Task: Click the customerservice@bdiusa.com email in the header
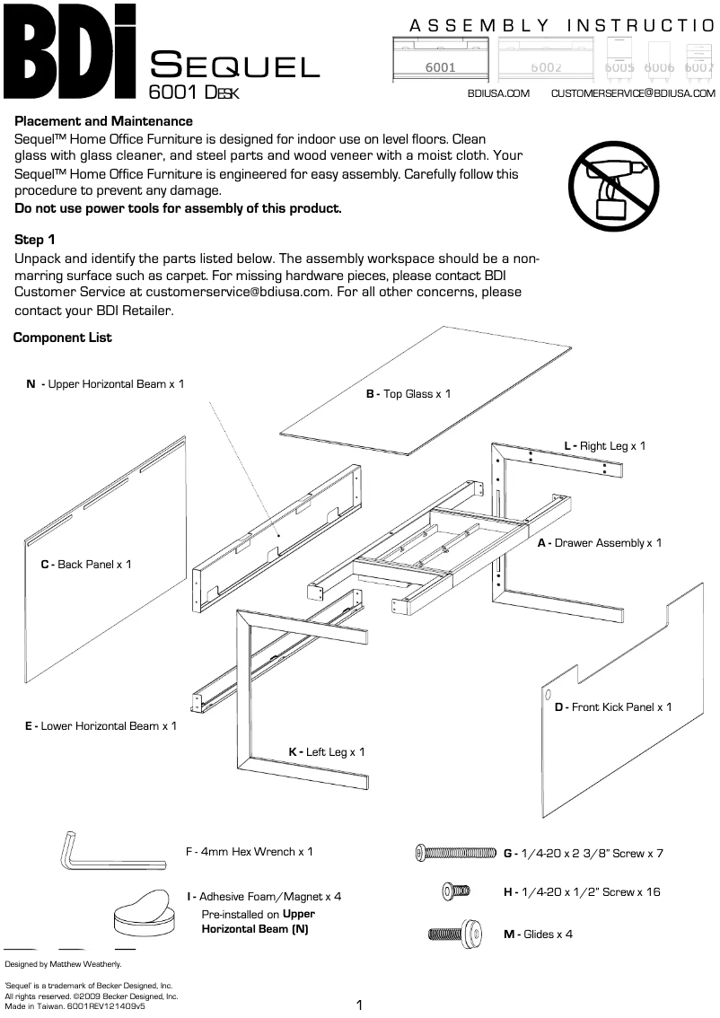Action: pyautogui.click(x=632, y=93)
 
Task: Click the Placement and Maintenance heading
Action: pyautogui.click(x=104, y=121)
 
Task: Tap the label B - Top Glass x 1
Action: pyautogui.click(x=408, y=394)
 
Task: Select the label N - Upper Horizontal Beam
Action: pyautogui.click(x=106, y=384)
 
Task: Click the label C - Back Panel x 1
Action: pyautogui.click(x=86, y=565)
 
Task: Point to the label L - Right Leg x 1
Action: pyautogui.click(x=604, y=445)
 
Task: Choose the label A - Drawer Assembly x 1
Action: pyautogui.click(x=599, y=543)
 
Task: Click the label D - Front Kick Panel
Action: pyautogui.click(x=613, y=707)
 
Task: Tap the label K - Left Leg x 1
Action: pyautogui.click(x=327, y=752)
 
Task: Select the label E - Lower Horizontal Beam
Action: pyautogui.click(x=101, y=725)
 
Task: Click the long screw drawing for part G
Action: pyautogui.click(x=456, y=853)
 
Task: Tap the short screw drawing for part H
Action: pyautogui.click(x=456, y=891)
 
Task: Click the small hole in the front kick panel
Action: pyautogui.click(x=547, y=695)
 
